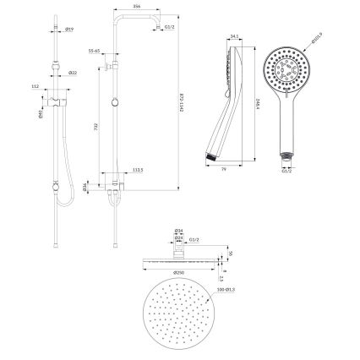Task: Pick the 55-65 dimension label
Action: click(x=95, y=51)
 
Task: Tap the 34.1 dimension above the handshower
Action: click(x=233, y=36)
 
